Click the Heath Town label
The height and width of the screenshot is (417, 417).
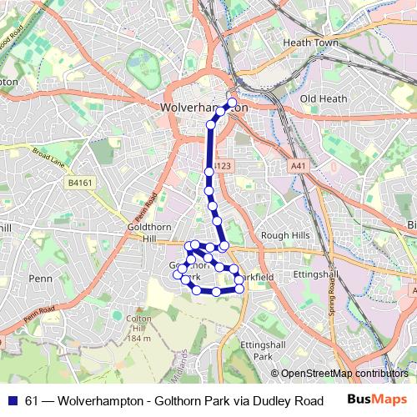(x=309, y=42)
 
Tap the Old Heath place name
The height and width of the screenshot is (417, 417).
(x=323, y=98)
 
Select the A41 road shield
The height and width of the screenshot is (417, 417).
(x=299, y=167)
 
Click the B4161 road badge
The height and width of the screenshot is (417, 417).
(x=81, y=181)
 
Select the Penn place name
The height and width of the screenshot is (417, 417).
(x=40, y=277)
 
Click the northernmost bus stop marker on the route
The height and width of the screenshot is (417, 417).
(x=232, y=103)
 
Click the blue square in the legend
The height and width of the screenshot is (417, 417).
(x=13, y=400)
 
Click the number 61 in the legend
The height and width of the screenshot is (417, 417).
(x=31, y=400)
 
